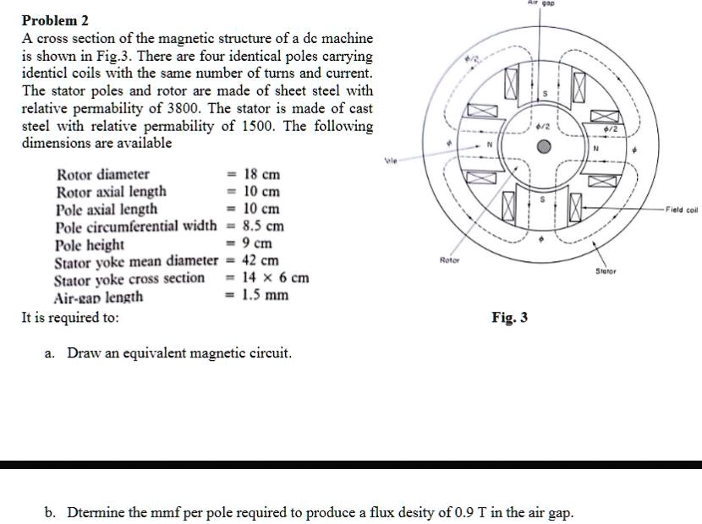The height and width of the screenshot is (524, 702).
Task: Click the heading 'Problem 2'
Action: [55, 20]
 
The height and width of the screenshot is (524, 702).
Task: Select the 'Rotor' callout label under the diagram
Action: [449, 262]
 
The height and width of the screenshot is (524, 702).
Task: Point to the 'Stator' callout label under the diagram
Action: [607, 272]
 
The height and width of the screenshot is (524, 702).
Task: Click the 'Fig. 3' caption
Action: [510, 318]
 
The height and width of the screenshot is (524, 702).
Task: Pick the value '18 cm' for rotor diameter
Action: [261, 175]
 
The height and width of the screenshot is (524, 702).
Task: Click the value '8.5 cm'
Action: [263, 227]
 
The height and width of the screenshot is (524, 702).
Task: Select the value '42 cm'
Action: [261, 261]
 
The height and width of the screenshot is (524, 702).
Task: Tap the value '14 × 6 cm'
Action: [276, 278]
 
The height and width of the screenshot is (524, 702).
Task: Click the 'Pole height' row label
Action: [90, 244]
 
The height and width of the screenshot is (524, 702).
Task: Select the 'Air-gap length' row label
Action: [98, 297]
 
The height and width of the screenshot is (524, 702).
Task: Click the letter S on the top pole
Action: [546, 93]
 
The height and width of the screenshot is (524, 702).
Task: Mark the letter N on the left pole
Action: [488, 145]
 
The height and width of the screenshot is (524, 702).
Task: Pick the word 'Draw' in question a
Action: [85, 352]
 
